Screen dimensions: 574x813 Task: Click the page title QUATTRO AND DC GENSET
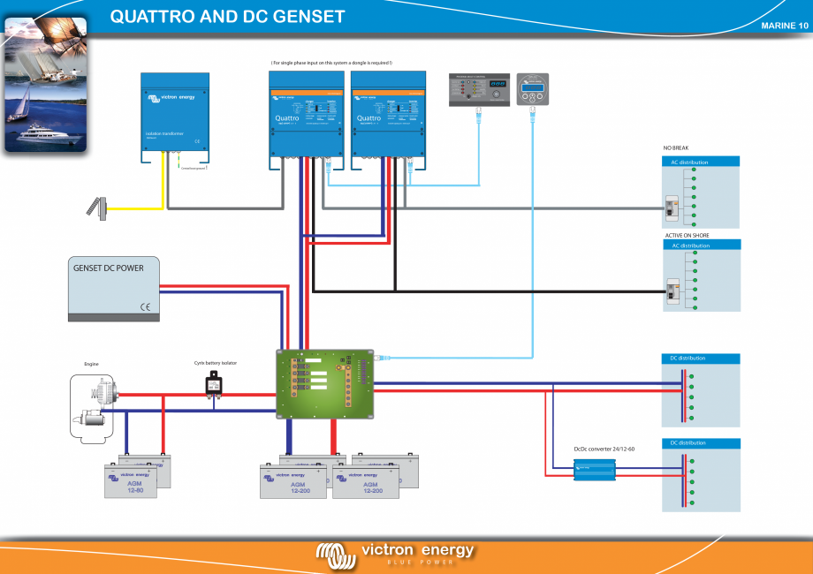(227, 18)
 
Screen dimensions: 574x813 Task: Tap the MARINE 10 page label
(784, 26)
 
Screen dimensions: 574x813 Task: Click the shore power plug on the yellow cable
(96, 208)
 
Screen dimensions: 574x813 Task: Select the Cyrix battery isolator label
(216, 363)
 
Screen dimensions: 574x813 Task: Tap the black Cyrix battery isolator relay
(214, 384)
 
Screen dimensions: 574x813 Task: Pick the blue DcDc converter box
(596, 472)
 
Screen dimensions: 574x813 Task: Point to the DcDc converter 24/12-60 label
(604, 449)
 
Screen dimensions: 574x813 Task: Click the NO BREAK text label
(676, 147)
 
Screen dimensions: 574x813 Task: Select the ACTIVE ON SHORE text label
(687, 236)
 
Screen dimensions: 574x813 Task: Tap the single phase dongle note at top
(331, 63)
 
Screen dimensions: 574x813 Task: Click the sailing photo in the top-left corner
(44, 84)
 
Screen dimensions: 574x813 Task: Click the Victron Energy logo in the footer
(396, 553)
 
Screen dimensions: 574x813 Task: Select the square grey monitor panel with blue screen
(533, 89)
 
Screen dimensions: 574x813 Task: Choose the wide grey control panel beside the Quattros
(479, 89)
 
